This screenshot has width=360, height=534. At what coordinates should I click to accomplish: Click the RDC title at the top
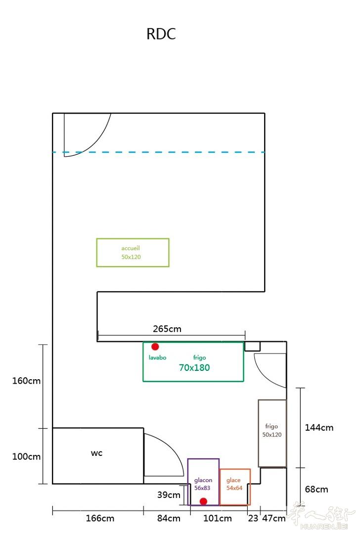tap(161, 34)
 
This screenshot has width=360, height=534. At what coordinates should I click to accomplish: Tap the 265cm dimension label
tap(167, 329)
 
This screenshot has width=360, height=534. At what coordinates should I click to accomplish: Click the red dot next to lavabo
tap(155, 347)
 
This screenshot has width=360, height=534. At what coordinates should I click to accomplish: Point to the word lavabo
tap(157, 357)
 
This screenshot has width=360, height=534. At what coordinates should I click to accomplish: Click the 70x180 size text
tap(194, 368)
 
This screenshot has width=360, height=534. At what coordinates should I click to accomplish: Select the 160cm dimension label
tap(26, 381)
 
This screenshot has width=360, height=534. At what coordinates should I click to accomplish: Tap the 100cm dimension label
tap(26, 457)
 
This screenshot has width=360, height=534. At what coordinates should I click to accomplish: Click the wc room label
tap(97, 453)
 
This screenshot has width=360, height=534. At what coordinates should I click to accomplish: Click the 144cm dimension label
tap(319, 428)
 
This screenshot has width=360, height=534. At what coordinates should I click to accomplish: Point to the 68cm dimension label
tap(316, 489)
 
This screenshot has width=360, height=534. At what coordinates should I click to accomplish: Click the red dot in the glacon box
tap(204, 501)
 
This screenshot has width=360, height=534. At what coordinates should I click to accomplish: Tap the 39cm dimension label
tap(169, 495)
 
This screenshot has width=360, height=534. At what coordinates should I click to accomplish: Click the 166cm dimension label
tap(100, 518)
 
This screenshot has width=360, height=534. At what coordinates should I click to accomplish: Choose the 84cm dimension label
tap(169, 518)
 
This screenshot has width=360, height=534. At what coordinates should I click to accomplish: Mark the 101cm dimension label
tap(218, 518)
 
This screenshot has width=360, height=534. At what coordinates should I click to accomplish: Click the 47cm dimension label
tap(274, 518)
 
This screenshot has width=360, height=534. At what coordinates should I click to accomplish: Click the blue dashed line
tap(159, 152)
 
